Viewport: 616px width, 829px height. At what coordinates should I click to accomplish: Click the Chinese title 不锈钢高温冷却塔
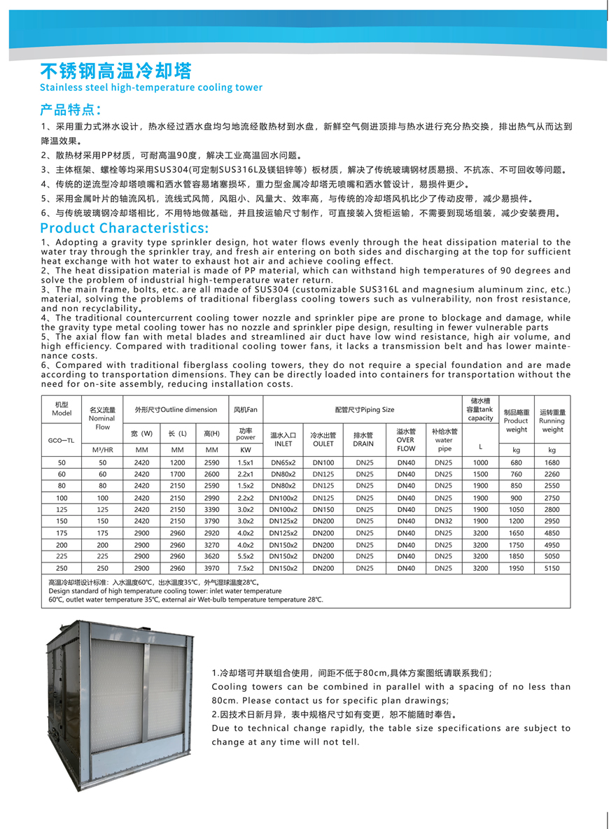(x=115, y=71)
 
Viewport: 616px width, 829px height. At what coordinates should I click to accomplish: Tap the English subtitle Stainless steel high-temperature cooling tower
(x=151, y=87)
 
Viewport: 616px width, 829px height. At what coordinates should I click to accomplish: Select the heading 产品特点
(x=71, y=109)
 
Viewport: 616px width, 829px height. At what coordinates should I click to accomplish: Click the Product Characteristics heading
(x=125, y=228)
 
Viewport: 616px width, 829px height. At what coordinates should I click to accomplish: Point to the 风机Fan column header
(x=246, y=409)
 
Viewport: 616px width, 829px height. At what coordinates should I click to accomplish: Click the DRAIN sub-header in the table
(x=363, y=439)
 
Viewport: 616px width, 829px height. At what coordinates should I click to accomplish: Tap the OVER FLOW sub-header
(x=406, y=440)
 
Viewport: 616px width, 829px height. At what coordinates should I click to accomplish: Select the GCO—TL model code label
(x=62, y=441)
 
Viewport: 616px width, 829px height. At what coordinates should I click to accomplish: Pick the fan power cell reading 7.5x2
(x=246, y=569)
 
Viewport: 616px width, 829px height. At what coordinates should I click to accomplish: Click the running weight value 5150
(x=552, y=569)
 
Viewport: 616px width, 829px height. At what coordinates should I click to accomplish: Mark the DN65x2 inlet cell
(x=283, y=463)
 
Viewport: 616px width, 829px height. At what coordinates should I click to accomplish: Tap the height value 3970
(x=212, y=569)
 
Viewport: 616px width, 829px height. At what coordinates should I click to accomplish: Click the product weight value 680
(x=516, y=463)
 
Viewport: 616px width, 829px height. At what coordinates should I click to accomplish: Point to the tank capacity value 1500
(x=480, y=474)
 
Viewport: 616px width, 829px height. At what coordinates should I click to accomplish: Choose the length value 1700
(x=178, y=474)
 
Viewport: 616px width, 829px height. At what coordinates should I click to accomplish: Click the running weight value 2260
(x=552, y=474)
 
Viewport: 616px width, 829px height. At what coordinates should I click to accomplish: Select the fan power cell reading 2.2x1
(x=246, y=474)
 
